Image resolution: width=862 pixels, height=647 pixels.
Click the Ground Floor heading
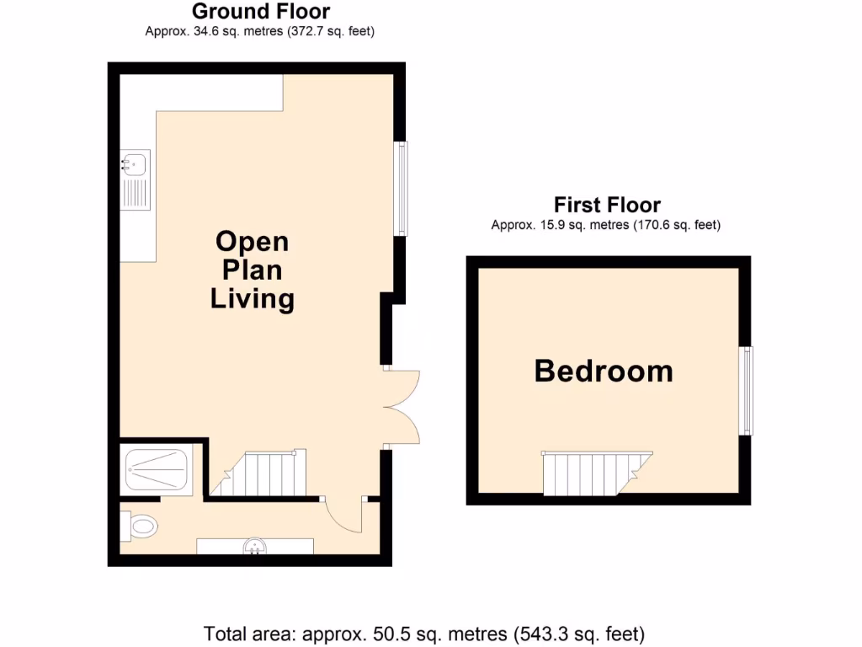[261, 12]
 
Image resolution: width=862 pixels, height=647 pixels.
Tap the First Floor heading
[607, 205]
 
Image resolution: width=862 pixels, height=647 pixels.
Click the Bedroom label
[604, 372]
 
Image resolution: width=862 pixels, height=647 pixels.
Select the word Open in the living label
[252, 242]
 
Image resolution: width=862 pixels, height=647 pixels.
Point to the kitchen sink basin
[135, 163]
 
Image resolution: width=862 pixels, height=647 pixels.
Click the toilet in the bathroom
[141, 527]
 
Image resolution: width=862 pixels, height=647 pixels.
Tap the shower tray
[157, 468]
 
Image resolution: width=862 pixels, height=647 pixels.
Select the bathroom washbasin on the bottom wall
[255, 548]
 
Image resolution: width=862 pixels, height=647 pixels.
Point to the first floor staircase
[593, 473]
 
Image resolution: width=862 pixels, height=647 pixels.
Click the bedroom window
[746, 390]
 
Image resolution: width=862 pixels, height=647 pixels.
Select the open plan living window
[402, 188]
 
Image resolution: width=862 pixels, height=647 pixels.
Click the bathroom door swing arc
[345, 516]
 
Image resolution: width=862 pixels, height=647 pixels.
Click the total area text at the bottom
[424, 633]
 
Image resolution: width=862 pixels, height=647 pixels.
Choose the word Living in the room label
[252, 298]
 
